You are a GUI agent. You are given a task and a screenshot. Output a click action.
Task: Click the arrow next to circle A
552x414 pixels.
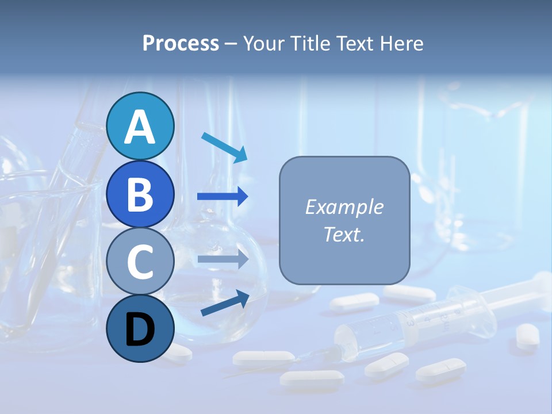224,147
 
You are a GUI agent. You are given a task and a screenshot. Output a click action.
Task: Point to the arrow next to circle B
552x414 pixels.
223,197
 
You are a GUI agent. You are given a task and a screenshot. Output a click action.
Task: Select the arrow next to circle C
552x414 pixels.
223,259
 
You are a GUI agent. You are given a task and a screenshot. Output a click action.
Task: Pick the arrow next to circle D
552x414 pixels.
225,303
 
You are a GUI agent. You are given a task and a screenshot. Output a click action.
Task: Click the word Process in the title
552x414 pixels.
181,44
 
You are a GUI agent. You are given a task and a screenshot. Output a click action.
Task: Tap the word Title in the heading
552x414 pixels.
310,44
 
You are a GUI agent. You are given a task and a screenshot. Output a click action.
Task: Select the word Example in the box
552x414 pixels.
344,207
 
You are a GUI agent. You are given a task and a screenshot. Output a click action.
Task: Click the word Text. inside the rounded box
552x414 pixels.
344,234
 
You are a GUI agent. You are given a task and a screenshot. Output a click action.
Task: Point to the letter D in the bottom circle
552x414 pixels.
140,330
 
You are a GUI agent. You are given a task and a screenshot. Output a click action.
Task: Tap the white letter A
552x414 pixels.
140,127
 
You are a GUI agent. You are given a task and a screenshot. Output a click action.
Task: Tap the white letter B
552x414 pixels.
140,194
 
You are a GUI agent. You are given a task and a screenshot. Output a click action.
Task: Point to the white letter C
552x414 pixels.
140,262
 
